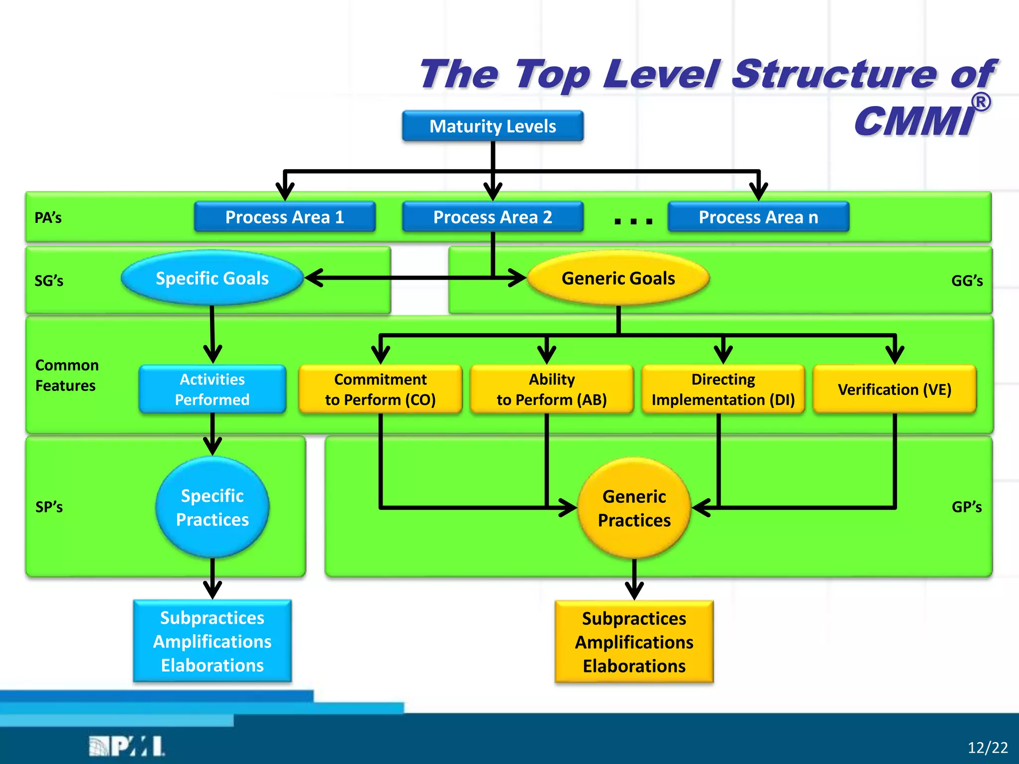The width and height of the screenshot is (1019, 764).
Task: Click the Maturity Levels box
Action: point(493,126)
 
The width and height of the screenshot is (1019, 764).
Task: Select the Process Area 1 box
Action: point(285,217)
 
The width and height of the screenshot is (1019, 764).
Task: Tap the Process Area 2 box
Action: point(493,217)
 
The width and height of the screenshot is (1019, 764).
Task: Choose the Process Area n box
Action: point(758,217)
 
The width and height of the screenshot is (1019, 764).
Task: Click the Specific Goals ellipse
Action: point(212,278)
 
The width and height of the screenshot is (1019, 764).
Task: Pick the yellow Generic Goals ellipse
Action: point(618,278)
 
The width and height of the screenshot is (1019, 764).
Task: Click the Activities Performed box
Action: point(212,389)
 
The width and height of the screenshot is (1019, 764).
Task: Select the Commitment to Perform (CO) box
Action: point(380,389)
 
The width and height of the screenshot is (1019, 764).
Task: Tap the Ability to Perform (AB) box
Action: point(551,389)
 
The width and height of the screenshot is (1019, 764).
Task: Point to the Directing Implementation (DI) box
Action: point(723,389)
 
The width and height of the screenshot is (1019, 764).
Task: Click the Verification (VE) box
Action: point(895,389)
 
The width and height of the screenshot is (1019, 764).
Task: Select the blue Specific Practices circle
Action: point(212,507)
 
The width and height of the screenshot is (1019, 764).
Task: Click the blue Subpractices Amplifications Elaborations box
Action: point(212,641)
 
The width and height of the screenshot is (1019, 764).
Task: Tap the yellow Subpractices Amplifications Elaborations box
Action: point(634,642)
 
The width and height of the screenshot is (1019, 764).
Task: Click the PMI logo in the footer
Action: point(127,747)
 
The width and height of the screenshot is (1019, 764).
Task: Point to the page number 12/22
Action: point(988,748)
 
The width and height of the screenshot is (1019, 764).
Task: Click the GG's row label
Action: point(967,281)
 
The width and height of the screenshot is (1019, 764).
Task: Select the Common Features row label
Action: point(67,376)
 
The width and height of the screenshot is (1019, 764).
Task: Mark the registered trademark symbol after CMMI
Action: point(981,102)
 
